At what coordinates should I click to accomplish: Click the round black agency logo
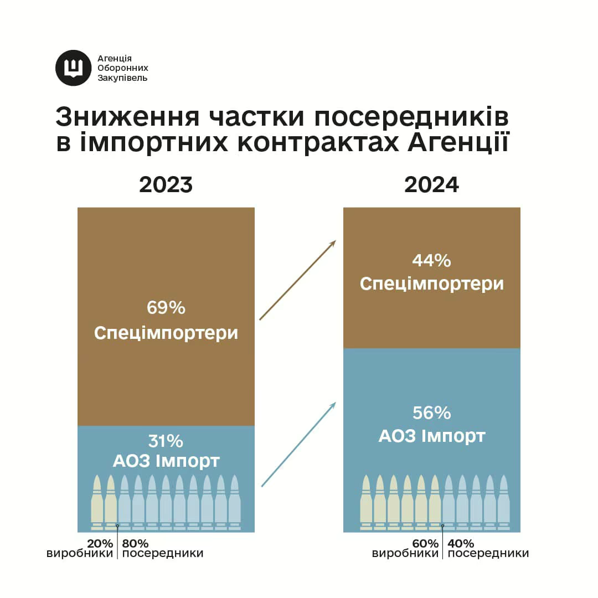(x=73, y=68)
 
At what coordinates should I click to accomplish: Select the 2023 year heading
(x=166, y=184)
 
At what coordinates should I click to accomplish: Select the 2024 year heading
(x=432, y=184)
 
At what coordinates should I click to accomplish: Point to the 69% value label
(x=166, y=308)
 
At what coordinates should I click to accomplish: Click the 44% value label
(x=432, y=260)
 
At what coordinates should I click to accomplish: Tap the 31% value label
(x=166, y=441)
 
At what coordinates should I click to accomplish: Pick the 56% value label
(x=432, y=413)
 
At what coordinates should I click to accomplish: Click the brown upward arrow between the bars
(x=298, y=280)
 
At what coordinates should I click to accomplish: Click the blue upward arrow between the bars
(x=298, y=444)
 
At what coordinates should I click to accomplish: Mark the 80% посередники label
(x=162, y=548)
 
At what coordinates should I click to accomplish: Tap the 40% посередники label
(x=488, y=548)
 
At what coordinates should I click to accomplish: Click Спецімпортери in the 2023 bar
(x=166, y=333)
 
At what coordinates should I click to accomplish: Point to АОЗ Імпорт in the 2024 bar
(x=432, y=436)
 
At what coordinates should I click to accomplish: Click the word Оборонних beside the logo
(x=123, y=68)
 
